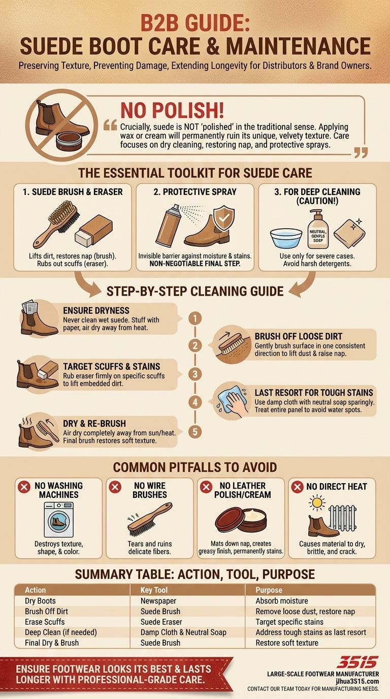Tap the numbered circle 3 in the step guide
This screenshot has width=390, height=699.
[x=195, y=374]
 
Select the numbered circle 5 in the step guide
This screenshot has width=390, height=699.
[x=195, y=432]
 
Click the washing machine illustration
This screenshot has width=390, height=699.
[x=58, y=519]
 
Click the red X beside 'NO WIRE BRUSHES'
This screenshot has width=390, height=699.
[x=115, y=487]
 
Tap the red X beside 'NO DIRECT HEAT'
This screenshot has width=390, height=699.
[x=298, y=487]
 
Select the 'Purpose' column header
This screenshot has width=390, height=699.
[x=269, y=590]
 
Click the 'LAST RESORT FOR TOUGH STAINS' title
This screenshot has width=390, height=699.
[x=314, y=392]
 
